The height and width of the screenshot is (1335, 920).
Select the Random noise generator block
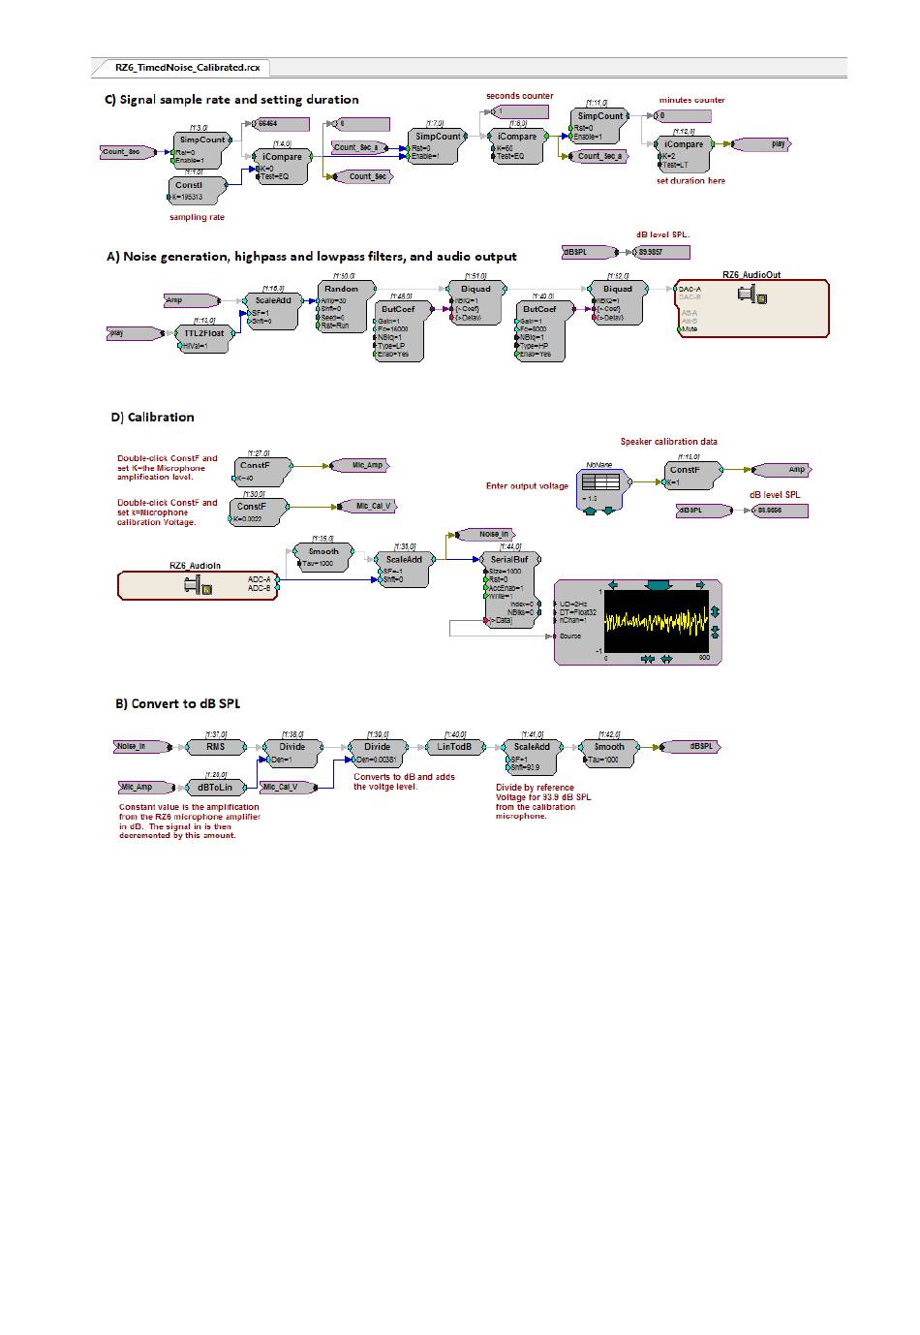(x=341, y=306)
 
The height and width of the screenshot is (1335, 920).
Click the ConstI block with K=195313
(x=197, y=190)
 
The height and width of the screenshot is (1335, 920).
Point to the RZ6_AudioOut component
(x=751, y=307)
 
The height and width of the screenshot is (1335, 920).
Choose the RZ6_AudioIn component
(x=197, y=584)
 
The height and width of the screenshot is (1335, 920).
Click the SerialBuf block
(x=508, y=590)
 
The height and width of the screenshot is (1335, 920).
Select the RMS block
(x=216, y=747)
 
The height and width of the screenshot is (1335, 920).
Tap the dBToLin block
(x=215, y=788)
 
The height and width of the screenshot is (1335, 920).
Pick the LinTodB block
(x=453, y=747)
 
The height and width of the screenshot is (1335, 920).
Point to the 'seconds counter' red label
(x=520, y=96)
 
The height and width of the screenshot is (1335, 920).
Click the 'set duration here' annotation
(x=690, y=181)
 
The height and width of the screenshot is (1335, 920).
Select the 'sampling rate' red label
(x=197, y=217)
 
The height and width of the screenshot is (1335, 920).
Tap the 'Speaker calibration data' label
(x=669, y=442)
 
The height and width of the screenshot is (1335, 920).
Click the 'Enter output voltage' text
(x=527, y=486)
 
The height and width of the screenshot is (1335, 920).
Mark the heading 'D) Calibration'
(x=152, y=418)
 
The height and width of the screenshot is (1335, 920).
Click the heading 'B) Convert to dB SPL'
(x=178, y=703)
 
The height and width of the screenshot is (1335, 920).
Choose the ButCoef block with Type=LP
(x=398, y=330)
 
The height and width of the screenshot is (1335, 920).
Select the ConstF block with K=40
(x=255, y=470)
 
